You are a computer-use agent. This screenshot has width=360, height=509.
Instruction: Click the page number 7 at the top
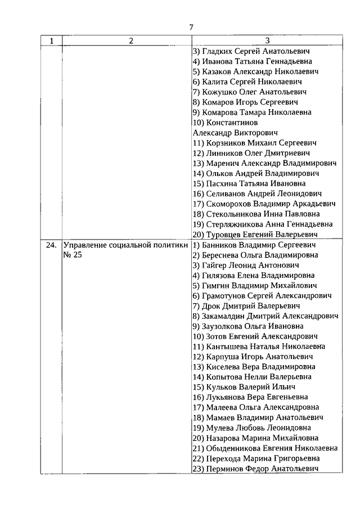pyautogui.click(x=191, y=27)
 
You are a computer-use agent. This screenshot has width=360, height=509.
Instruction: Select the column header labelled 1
pyautogui.click(x=52, y=41)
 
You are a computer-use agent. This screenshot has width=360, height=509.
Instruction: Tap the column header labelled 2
pyautogui.click(x=130, y=41)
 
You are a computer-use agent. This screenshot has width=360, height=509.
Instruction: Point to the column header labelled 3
pyautogui.click(x=267, y=41)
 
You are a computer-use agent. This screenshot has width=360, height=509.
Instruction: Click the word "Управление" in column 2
pyautogui.click(x=86, y=245)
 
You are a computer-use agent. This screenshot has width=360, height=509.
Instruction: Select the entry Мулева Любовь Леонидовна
pyautogui.click(x=251, y=427)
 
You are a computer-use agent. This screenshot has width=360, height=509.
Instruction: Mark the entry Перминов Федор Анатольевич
pyautogui.click(x=256, y=469)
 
